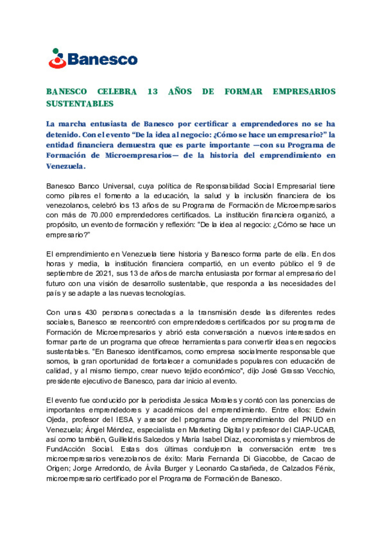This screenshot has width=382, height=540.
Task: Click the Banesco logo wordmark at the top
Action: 102,59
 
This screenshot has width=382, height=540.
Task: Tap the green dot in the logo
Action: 56,51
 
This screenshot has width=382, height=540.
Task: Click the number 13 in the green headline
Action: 152,92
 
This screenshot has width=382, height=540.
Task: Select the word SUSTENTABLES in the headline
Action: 80,104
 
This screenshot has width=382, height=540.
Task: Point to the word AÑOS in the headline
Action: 180,92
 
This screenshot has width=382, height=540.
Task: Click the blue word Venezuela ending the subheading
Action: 65,166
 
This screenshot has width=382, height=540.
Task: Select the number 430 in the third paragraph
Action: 91,312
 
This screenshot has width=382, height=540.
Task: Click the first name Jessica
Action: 196,400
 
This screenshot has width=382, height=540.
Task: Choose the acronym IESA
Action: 125,420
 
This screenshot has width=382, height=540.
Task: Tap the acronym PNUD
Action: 313,420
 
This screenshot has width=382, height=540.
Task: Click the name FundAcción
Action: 66,449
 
